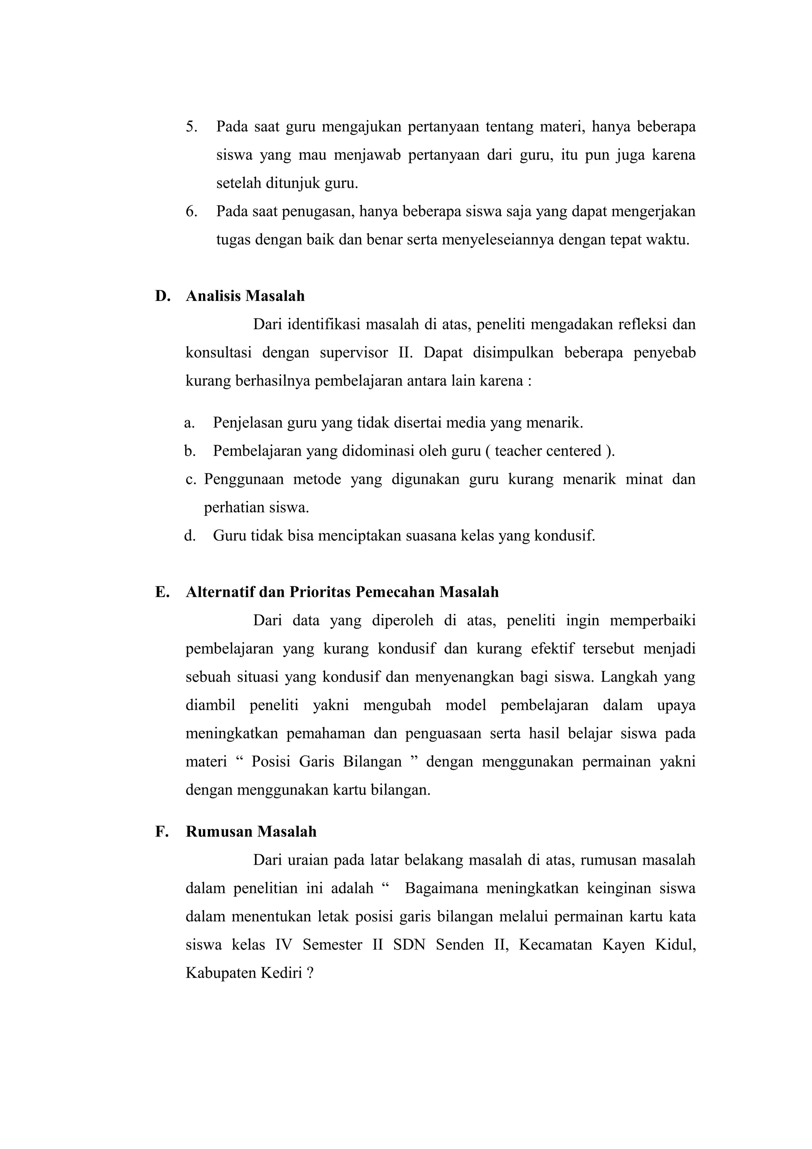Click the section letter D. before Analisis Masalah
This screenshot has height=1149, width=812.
pos(163,296)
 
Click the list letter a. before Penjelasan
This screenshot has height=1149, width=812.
pos(189,423)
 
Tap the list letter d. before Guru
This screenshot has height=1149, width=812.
pos(189,536)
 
